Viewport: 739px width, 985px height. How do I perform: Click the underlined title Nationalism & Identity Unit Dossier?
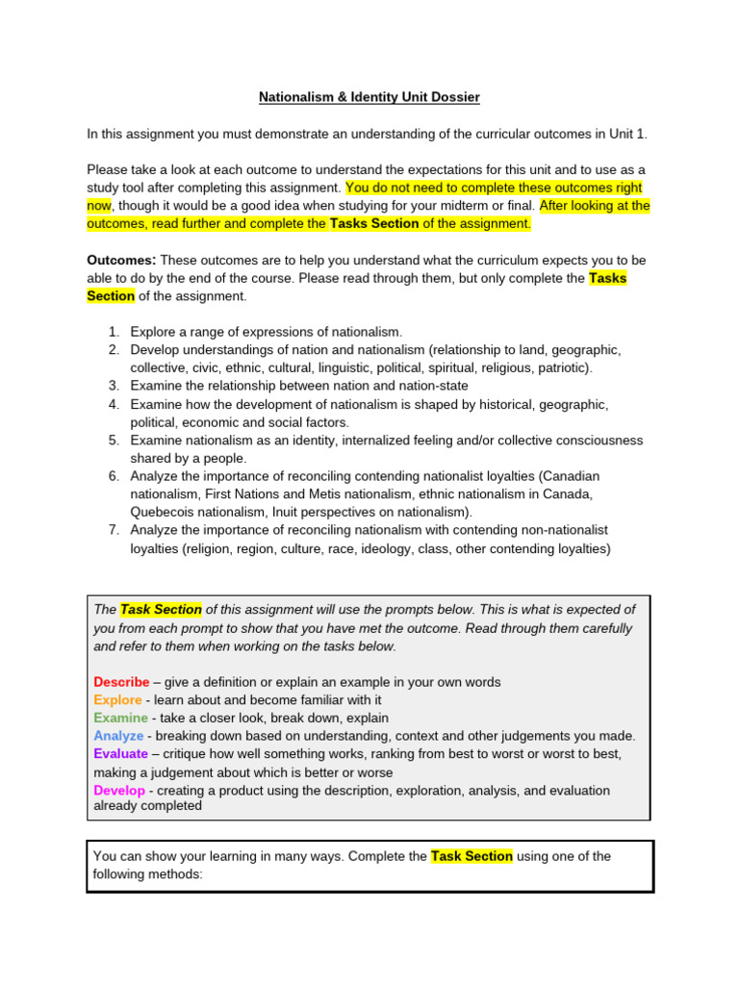tap(369, 97)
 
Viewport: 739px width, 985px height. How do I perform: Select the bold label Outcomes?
tap(121, 261)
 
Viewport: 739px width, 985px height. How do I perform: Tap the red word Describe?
tap(121, 682)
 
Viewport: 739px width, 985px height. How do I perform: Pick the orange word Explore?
tap(117, 700)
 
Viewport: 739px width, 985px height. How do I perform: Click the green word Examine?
tap(120, 718)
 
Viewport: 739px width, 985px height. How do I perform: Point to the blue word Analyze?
tap(118, 736)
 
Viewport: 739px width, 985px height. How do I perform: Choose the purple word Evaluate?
tap(121, 754)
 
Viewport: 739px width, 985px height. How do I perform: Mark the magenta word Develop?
tap(119, 791)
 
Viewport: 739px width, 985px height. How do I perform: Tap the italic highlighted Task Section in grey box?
tap(161, 610)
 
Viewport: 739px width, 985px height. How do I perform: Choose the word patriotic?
tap(558, 367)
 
